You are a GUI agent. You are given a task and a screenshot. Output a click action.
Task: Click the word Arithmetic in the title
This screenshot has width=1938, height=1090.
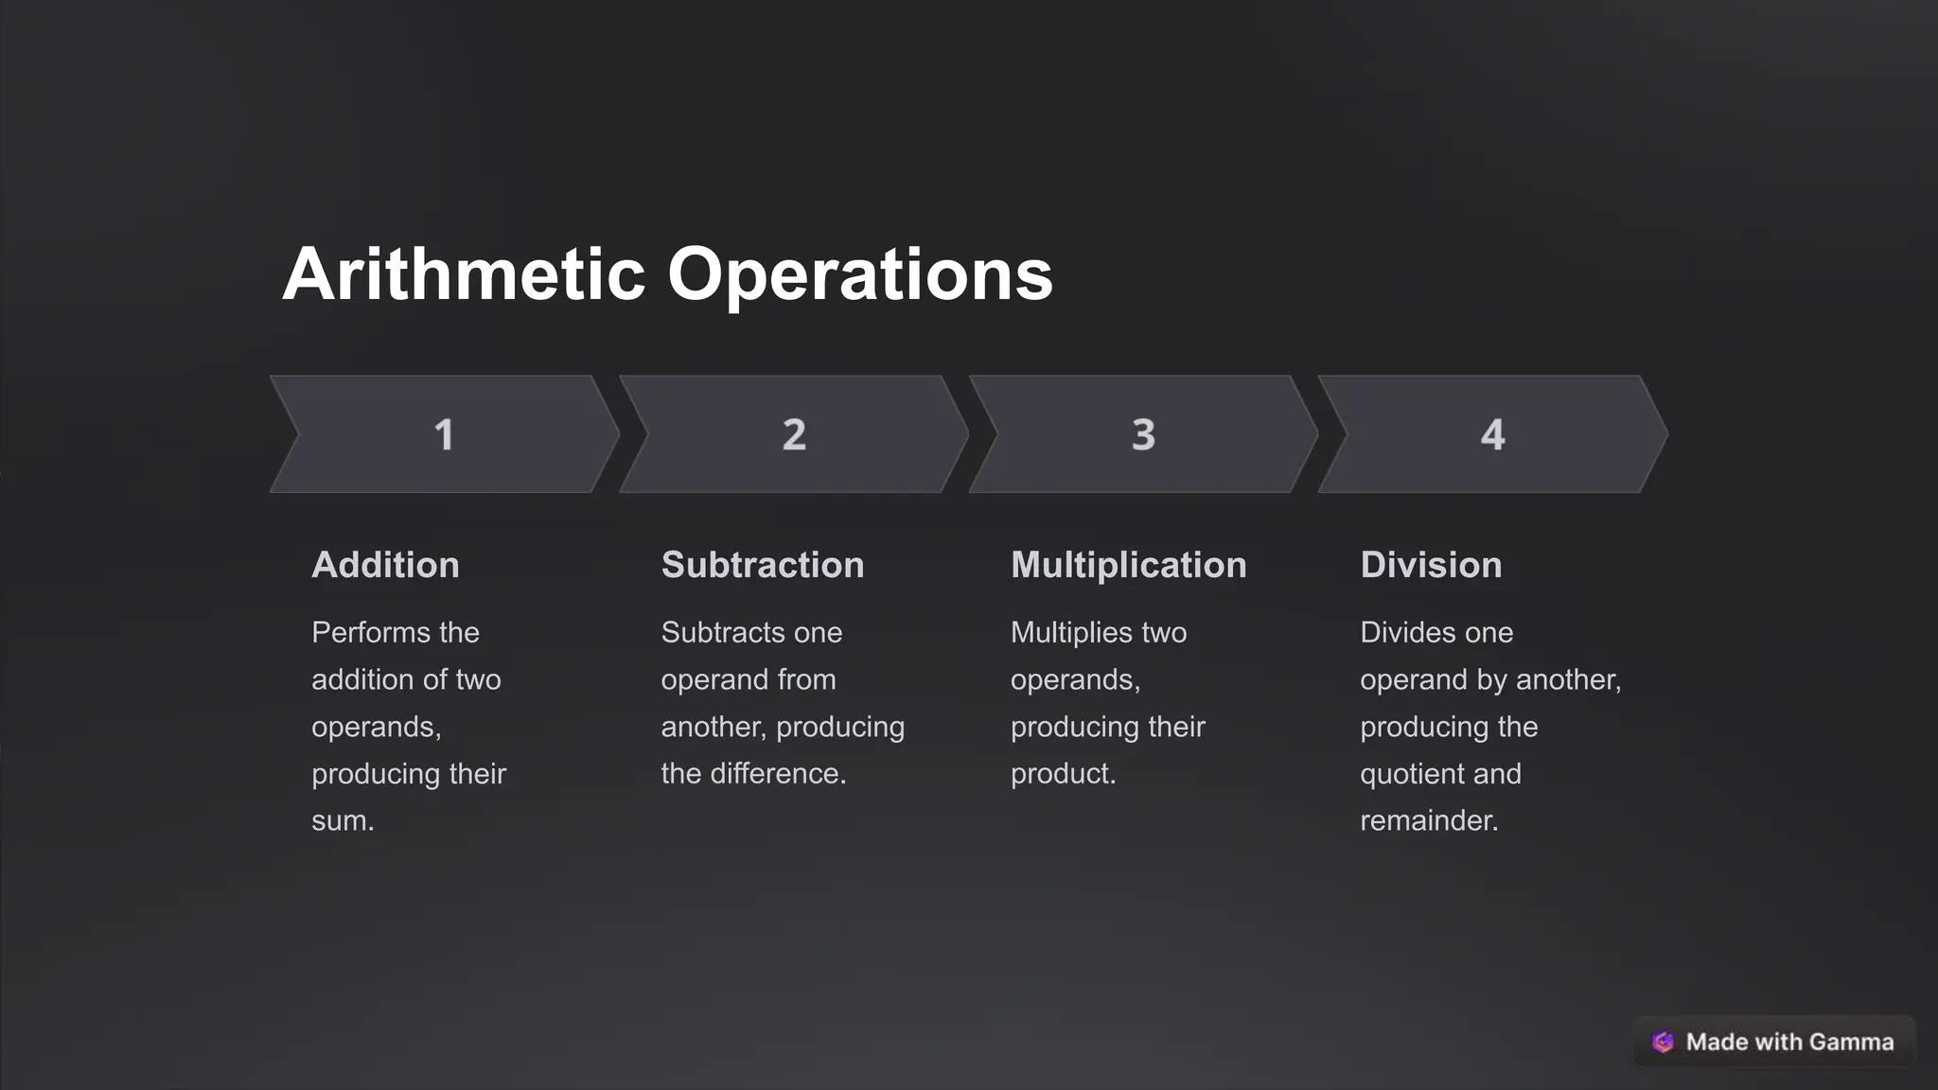click(464, 274)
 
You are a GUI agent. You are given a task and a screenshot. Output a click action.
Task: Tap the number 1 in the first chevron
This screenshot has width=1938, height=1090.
click(444, 435)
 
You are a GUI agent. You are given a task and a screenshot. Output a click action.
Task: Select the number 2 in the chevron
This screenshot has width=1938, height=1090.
click(794, 435)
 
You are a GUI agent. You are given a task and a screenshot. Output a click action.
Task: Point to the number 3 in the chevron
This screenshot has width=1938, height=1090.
click(1143, 435)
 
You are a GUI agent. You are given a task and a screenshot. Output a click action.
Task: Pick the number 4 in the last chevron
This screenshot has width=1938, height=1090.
click(1492, 435)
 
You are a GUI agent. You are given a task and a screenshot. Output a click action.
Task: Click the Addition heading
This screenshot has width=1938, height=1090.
click(385, 565)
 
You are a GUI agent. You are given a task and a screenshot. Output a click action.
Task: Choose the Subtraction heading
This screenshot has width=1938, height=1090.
click(763, 565)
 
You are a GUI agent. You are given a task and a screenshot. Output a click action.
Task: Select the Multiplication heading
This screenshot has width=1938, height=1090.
click(1128, 565)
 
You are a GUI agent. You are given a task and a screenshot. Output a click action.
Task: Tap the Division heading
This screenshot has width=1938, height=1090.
click(1431, 565)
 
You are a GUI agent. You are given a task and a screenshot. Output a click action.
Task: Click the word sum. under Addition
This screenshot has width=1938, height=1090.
click(343, 820)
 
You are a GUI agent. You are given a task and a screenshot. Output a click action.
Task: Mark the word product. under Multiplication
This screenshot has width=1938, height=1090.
click(1063, 773)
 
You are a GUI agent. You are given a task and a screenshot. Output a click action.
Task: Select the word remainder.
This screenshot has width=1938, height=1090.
click(1429, 820)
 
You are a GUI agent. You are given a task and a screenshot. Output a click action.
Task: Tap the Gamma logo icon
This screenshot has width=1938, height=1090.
click(1663, 1042)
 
